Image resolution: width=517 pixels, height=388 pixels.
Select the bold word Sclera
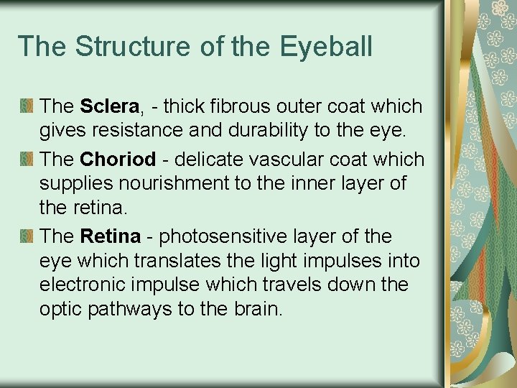[x=109, y=106]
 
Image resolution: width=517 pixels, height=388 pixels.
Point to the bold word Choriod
[x=118, y=158]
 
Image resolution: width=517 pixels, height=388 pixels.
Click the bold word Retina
[x=111, y=236]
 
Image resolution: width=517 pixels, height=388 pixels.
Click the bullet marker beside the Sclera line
[x=27, y=107]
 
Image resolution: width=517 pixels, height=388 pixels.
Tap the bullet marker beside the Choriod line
[x=27, y=159]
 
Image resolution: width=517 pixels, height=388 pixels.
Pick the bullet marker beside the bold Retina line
[x=27, y=236]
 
